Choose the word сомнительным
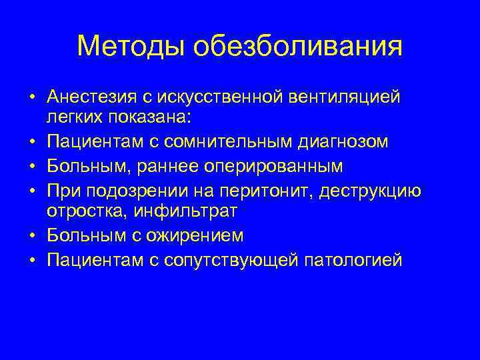coord(223,141)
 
